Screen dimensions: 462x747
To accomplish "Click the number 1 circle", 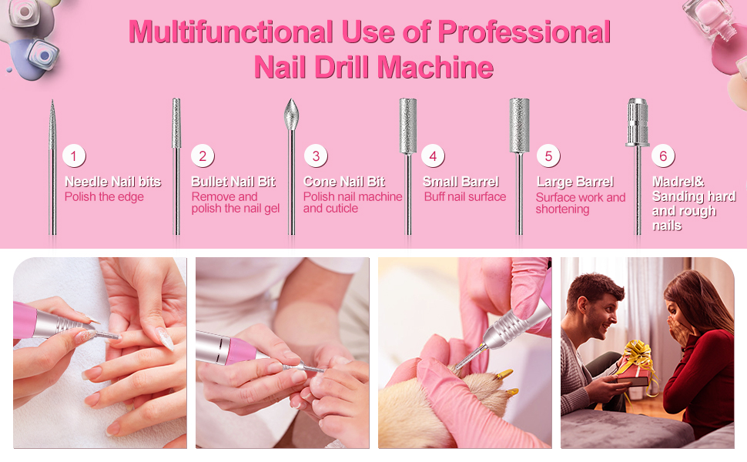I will click(x=73, y=156).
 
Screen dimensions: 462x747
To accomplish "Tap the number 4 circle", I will click(x=433, y=156).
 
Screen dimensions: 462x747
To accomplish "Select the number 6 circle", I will click(x=663, y=156).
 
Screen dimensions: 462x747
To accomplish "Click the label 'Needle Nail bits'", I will click(x=113, y=182).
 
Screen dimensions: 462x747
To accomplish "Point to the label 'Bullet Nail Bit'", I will click(x=233, y=182).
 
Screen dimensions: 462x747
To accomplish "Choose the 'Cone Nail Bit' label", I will click(x=344, y=182).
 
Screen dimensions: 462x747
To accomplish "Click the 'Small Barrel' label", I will click(x=461, y=182).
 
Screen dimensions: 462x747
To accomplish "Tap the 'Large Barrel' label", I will click(x=575, y=182).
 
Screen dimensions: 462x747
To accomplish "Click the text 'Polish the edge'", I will click(x=104, y=197).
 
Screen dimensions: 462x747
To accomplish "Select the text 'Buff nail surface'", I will click(x=465, y=197).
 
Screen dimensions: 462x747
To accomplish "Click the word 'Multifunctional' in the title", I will click(x=229, y=32).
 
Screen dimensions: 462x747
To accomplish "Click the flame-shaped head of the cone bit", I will click(x=291, y=115).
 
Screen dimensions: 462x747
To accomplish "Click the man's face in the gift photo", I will click(x=601, y=303).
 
